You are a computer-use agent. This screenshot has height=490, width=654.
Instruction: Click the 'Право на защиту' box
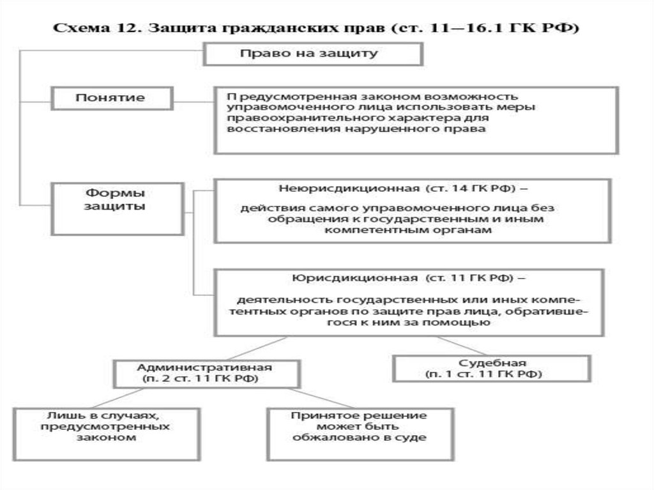coord(313,54)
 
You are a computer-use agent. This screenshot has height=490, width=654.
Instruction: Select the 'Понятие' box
coord(112,98)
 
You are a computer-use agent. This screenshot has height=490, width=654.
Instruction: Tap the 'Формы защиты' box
coord(118,209)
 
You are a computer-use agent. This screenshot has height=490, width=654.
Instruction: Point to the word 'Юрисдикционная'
coord(354,278)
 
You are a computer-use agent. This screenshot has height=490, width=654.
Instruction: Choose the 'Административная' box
coord(207,374)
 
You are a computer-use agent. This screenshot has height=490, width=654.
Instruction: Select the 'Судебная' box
coord(492,368)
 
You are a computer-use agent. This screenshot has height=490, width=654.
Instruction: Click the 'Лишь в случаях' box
coord(107,434)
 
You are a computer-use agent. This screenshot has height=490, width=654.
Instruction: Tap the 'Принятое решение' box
coord(360,434)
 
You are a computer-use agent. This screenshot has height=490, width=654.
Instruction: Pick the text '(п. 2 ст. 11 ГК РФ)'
coord(200,379)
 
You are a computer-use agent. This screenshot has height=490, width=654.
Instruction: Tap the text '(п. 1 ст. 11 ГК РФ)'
coord(484,374)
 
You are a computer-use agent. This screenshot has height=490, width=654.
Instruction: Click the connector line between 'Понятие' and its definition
coord(194,102)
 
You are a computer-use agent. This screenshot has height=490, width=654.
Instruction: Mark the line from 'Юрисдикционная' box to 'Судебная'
coord(462,346)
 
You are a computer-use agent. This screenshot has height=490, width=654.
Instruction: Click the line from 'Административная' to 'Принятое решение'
coord(321,398)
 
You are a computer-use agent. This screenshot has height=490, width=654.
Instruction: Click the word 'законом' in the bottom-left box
coord(107,438)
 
